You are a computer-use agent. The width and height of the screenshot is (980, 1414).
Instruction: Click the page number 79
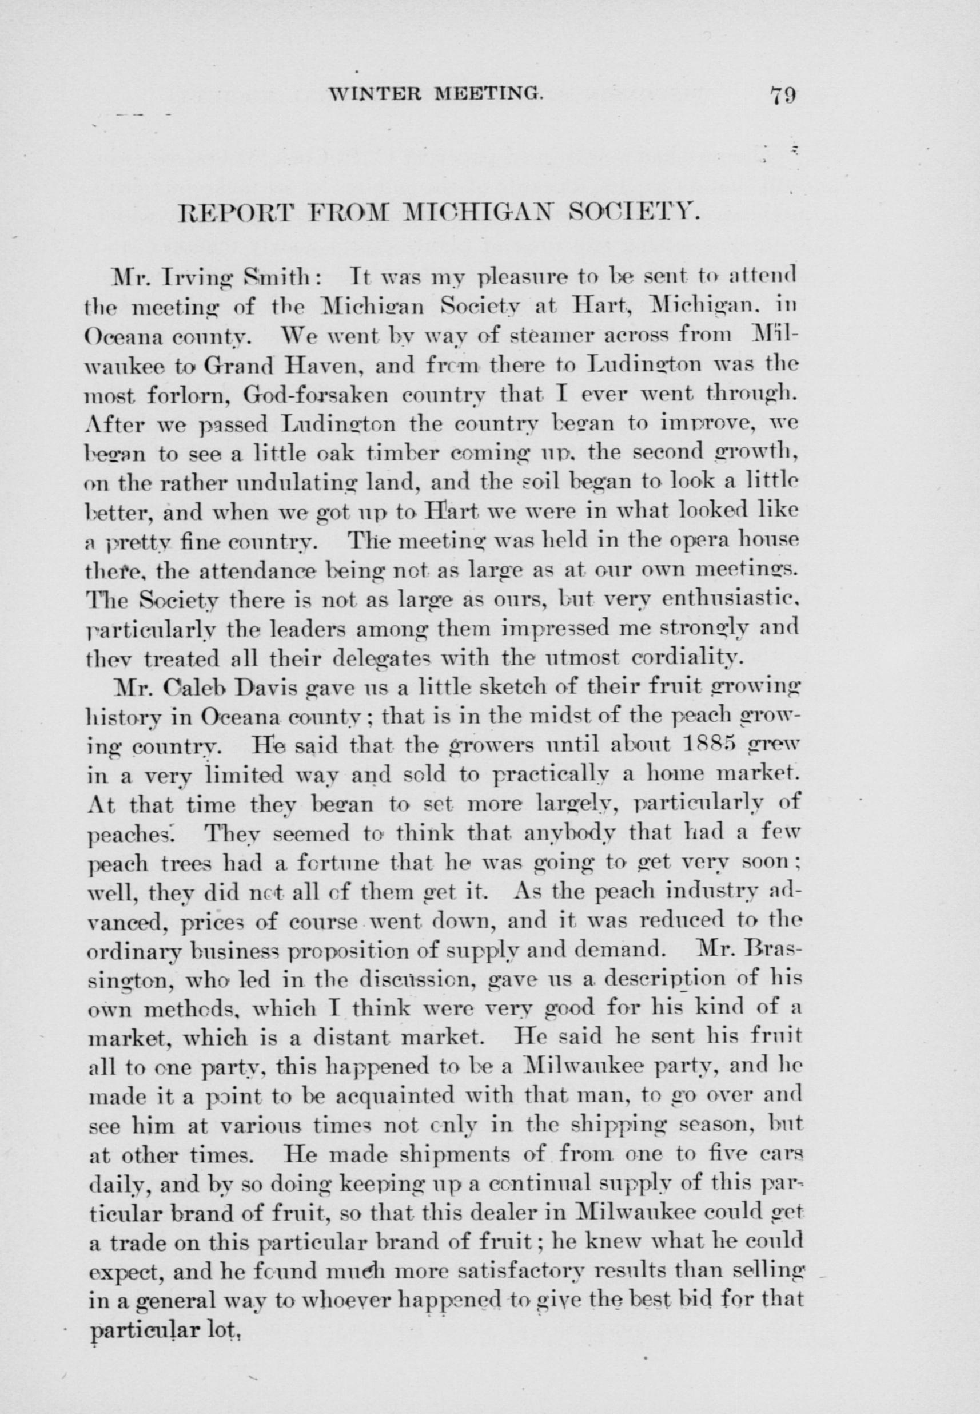point(781,97)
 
